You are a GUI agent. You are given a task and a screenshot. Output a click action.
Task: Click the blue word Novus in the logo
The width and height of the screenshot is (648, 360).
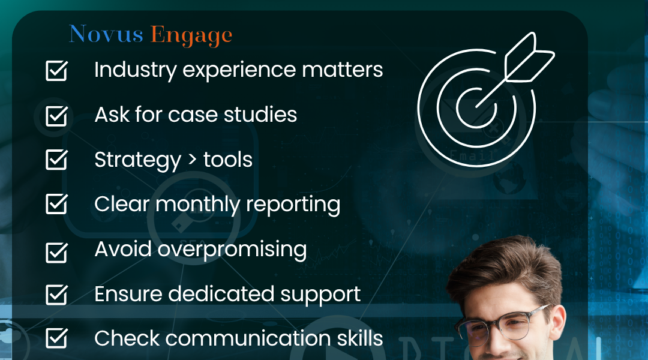[106, 35]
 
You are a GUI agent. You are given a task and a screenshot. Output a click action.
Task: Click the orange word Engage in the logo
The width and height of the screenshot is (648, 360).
[191, 36]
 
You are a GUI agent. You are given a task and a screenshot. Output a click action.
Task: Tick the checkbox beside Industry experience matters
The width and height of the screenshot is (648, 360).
[56, 71]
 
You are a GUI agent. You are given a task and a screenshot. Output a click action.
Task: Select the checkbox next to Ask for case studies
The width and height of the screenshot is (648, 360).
[56, 115]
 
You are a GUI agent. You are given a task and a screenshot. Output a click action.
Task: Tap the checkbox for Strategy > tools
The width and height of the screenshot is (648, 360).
[56, 160]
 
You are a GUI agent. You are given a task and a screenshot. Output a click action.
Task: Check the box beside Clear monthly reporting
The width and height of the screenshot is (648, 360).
[56, 205]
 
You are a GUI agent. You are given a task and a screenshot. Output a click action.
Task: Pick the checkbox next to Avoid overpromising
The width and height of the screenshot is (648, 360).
[56, 251]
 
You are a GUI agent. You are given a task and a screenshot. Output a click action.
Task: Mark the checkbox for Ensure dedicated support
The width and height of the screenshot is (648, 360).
[56, 295]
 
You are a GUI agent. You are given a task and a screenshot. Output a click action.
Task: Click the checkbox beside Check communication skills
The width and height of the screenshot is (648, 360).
[56, 339]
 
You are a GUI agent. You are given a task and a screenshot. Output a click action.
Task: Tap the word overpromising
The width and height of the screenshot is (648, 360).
[232, 250]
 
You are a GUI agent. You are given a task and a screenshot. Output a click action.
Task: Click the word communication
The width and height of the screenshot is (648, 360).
[251, 338]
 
